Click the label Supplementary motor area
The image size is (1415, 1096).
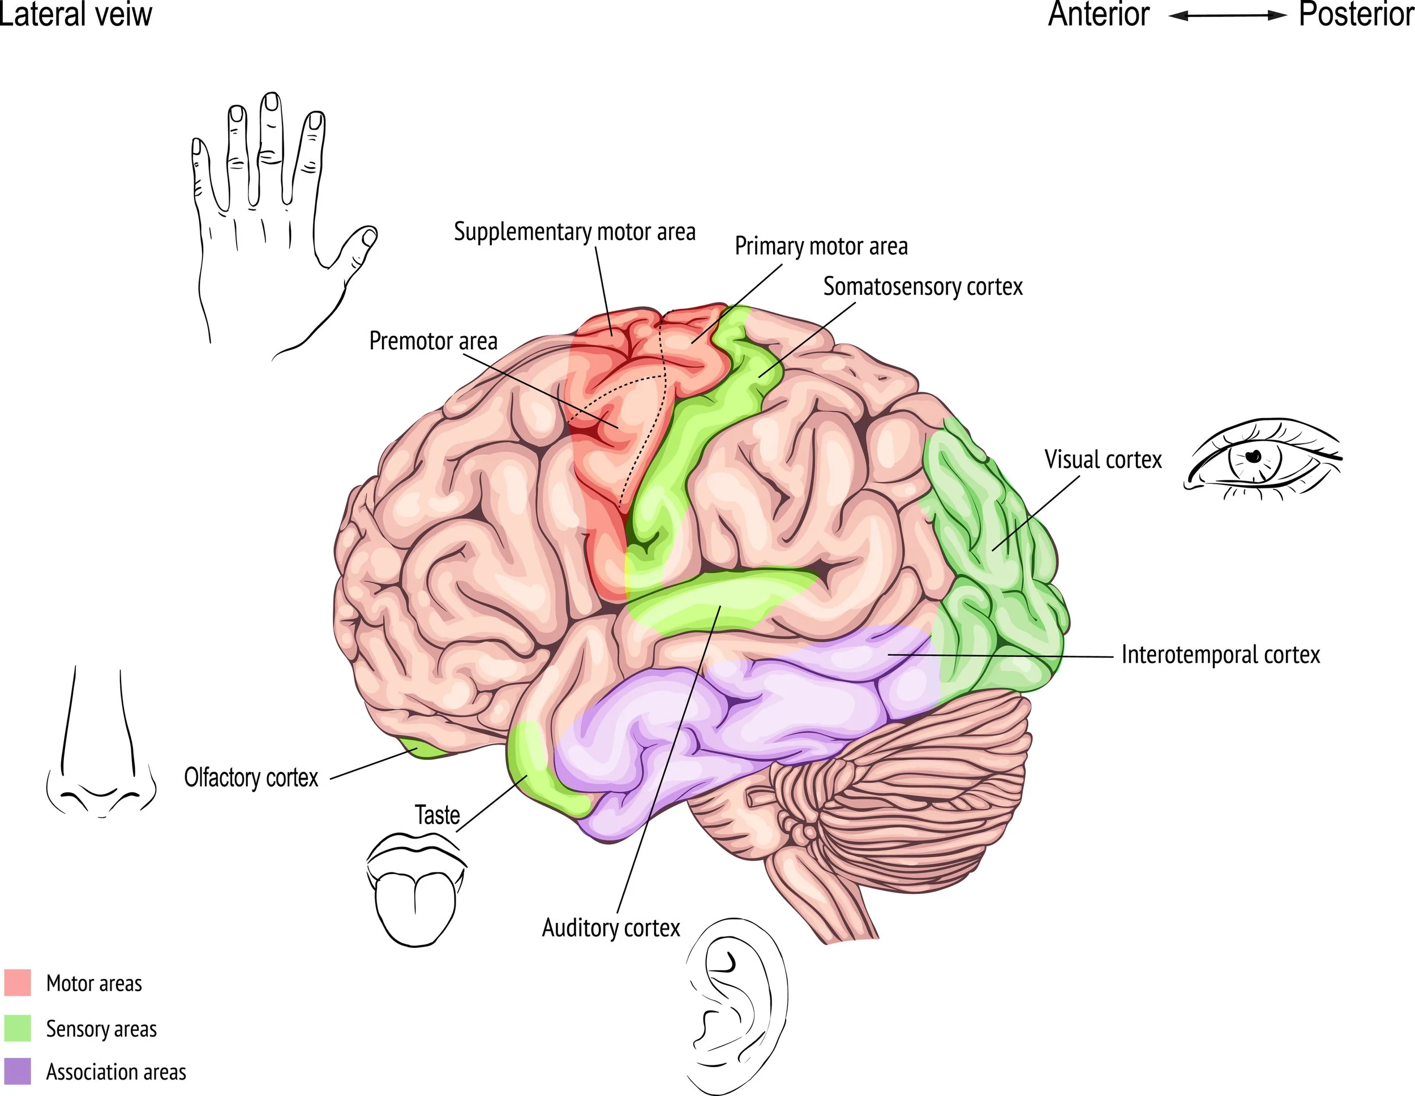point(574,232)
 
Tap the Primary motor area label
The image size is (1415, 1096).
point(821,246)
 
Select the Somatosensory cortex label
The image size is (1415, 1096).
point(923,286)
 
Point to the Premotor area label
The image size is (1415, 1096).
point(433,341)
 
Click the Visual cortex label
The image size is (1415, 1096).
point(1103,459)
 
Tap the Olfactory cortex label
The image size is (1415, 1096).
point(251,777)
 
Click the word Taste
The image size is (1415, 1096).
point(438,815)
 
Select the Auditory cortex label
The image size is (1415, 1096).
point(611,927)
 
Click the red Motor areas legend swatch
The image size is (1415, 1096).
point(18,983)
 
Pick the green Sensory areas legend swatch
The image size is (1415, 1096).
point(18,1028)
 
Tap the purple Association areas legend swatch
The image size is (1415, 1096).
point(18,1071)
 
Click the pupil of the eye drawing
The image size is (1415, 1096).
point(1253,456)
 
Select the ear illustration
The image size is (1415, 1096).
point(735,1004)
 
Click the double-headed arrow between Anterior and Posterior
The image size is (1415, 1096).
point(1227,16)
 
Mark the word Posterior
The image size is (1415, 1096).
point(1356,14)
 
